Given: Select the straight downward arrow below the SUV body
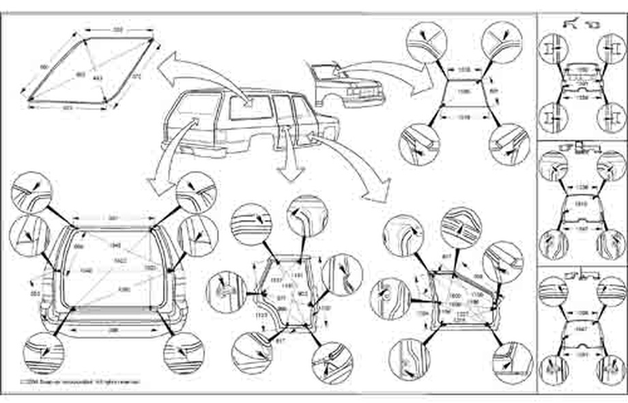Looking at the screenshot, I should click(x=292, y=164).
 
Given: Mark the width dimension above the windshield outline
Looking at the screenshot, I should click(x=463, y=70).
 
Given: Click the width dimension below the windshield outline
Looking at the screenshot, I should click(x=462, y=118).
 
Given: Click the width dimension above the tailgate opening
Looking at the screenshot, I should click(x=114, y=219).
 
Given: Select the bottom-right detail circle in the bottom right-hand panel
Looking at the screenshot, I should click(x=610, y=369).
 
